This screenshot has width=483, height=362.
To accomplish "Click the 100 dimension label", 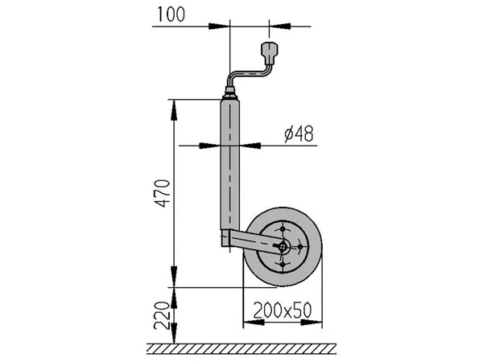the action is (x=171, y=14).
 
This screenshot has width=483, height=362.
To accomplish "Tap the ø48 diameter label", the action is (x=299, y=134).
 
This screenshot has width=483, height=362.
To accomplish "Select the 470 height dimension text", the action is (x=163, y=193).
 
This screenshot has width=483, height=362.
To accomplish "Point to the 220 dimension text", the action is (x=162, y=316).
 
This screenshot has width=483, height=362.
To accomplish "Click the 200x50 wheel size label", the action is (x=283, y=311).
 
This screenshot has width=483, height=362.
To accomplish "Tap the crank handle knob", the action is (x=270, y=53).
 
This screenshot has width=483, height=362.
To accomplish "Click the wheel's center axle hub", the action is (x=283, y=246).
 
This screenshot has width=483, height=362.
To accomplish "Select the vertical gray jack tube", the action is (x=229, y=164).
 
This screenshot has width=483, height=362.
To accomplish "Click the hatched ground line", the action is (x=242, y=348).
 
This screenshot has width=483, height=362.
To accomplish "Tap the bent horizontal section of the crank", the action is (x=249, y=74).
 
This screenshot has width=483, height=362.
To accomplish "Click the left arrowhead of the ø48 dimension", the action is (x=209, y=146).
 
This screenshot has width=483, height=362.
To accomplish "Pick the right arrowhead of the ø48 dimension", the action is (x=250, y=146).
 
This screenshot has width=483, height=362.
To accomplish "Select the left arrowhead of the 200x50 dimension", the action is (x=254, y=323).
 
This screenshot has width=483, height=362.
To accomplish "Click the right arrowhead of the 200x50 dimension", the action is (x=312, y=323).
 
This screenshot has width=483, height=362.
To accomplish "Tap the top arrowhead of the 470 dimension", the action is (x=174, y=110).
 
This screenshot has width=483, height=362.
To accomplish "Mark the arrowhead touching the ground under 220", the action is (x=174, y=333).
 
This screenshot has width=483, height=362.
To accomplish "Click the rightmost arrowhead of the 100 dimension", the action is (x=280, y=27).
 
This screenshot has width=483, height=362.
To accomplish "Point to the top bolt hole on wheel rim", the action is (x=283, y=229).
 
